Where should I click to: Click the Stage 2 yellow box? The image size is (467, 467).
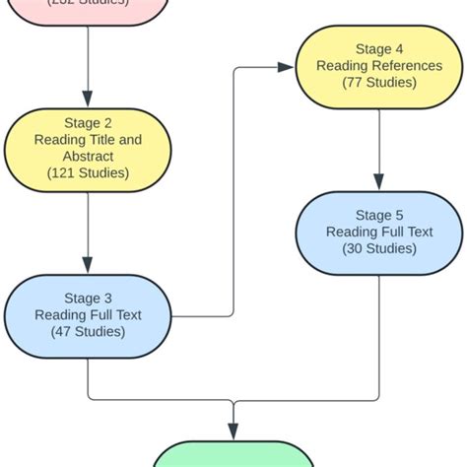click(88, 150)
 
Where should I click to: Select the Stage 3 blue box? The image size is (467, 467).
click(88, 315)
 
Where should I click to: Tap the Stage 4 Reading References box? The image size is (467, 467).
click(379, 66)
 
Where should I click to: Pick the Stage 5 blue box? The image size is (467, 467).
click(379, 232)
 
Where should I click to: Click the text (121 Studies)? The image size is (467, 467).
click(88, 172)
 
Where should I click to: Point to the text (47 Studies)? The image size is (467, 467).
click(88, 332)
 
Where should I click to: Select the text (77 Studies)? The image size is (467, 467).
click(379, 83)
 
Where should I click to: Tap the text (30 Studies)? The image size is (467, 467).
click(379, 248)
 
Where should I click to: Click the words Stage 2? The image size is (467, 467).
click(88, 123)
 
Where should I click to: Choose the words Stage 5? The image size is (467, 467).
click(379, 215)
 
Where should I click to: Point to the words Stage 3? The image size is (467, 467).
click(88, 298)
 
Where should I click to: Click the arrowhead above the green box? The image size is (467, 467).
click(233, 431)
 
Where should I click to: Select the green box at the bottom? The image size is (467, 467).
click(233, 454)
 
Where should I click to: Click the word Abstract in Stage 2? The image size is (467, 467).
click(88, 156)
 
